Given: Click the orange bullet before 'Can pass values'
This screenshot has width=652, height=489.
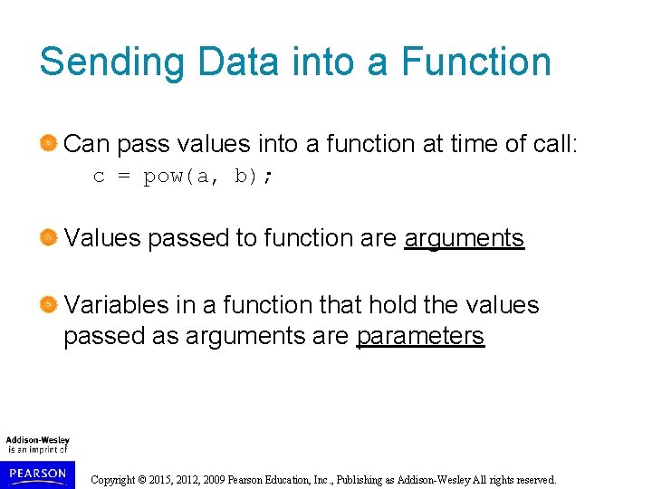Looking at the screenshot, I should pos(49,143).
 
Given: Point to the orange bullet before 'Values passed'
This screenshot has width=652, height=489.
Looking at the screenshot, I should pos(49,238).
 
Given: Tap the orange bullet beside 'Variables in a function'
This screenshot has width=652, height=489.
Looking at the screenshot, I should pos(49,305).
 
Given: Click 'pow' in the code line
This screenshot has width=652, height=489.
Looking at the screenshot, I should pos(164,177).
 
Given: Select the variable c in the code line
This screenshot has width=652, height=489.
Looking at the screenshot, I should pos(99,177).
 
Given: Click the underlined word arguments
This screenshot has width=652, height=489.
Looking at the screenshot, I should pos(464,238).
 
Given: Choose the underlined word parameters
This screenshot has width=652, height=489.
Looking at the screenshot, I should pos(420,336).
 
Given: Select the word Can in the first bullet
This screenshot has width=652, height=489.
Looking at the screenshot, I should pos(87,143).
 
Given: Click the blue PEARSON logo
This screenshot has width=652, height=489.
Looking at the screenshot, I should pos(37,473).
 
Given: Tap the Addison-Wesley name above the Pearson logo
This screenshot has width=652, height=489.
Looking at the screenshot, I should pos(37,441).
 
